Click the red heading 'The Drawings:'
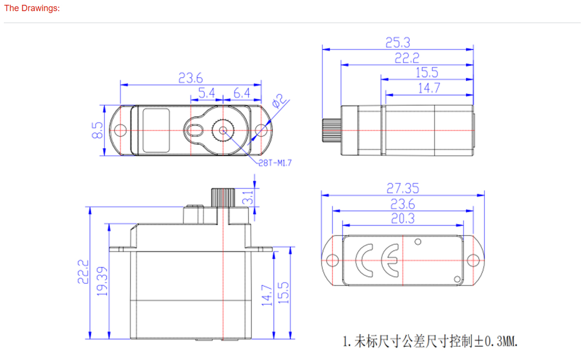[32, 9]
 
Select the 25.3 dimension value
[398, 42]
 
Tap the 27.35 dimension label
[403, 188]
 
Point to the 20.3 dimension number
[403, 218]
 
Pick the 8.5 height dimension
[97, 130]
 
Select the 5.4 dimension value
[207, 93]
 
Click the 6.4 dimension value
[242, 93]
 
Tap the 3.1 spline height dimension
[248, 197]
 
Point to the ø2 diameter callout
[278, 102]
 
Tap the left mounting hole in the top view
[120, 130]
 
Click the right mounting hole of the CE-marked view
[473, 260]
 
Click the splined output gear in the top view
[223, 130]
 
